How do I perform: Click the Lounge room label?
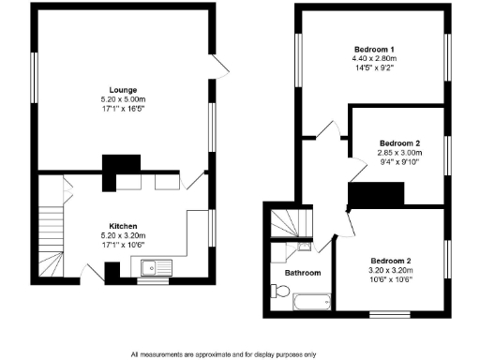point(123,89)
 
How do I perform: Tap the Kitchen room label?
point(124,227)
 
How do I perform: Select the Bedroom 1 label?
point(373,49)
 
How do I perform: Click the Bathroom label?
point(302,273)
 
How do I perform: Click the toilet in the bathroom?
point(281,292)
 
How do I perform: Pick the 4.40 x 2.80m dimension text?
point(373,58)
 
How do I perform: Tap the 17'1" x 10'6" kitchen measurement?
point(124,246)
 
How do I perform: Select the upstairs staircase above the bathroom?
point(285,224)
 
